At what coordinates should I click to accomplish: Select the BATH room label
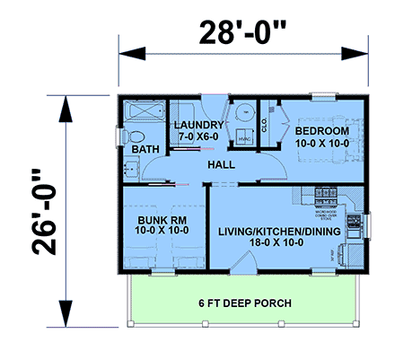point(143,149)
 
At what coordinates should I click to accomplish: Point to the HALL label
point(221,165)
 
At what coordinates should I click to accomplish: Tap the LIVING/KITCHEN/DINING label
point(280,231)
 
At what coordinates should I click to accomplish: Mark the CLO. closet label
point(264,127)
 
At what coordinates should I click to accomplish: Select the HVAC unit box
point(243,139)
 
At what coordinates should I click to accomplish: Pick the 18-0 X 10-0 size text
point(280,243)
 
